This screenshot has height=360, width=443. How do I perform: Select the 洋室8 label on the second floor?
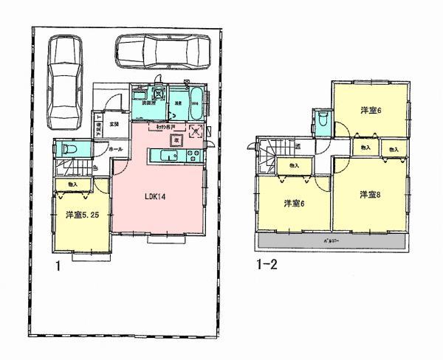click(369, 194)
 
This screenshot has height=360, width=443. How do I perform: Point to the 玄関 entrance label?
click(114, 125)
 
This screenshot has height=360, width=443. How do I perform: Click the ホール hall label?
click(116, 150)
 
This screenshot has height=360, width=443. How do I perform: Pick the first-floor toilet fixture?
click(66, 148)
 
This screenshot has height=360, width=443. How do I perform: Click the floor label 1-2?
click(267, 261)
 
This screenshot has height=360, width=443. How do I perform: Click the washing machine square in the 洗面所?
click(159, 94)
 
